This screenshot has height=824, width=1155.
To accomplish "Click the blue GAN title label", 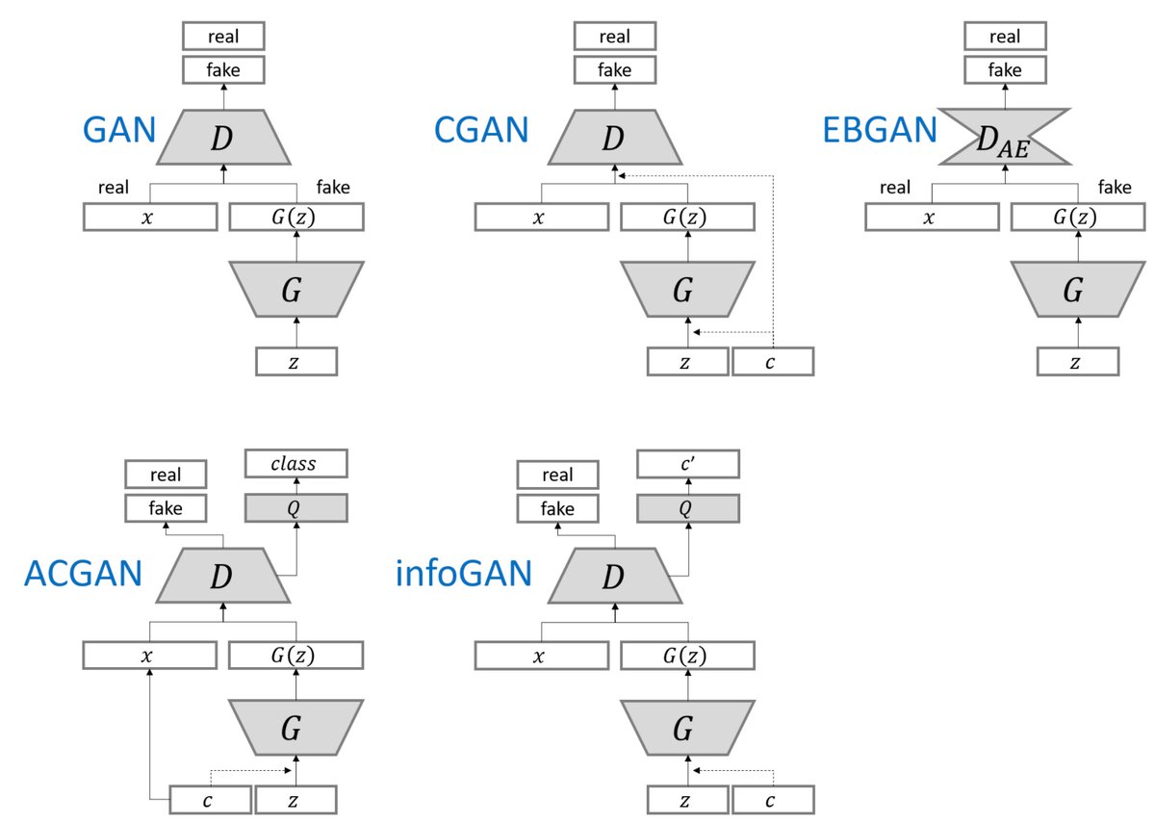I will [119, 128].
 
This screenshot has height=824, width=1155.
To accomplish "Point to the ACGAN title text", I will [83, 574].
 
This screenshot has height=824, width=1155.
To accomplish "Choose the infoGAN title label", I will [464, 574].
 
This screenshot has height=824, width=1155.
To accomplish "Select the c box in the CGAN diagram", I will [773, 361].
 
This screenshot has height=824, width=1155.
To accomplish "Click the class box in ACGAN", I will [294, 465].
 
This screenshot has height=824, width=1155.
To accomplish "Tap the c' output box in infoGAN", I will [687, 465].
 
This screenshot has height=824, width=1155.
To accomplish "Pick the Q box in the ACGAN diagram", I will [294, 508].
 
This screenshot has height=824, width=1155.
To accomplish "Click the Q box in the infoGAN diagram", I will [687, 508].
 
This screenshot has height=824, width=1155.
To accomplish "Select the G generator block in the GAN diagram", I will [296, 289].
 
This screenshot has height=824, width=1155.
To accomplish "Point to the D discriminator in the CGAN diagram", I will [614, 137].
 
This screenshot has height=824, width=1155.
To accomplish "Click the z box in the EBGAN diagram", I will [1078, 362].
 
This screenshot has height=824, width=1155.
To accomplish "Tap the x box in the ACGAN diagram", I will [149, 656].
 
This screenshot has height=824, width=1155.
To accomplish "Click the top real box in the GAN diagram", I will [223, 37].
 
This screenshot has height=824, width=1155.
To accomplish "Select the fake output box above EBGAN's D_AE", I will [1005, 69].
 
